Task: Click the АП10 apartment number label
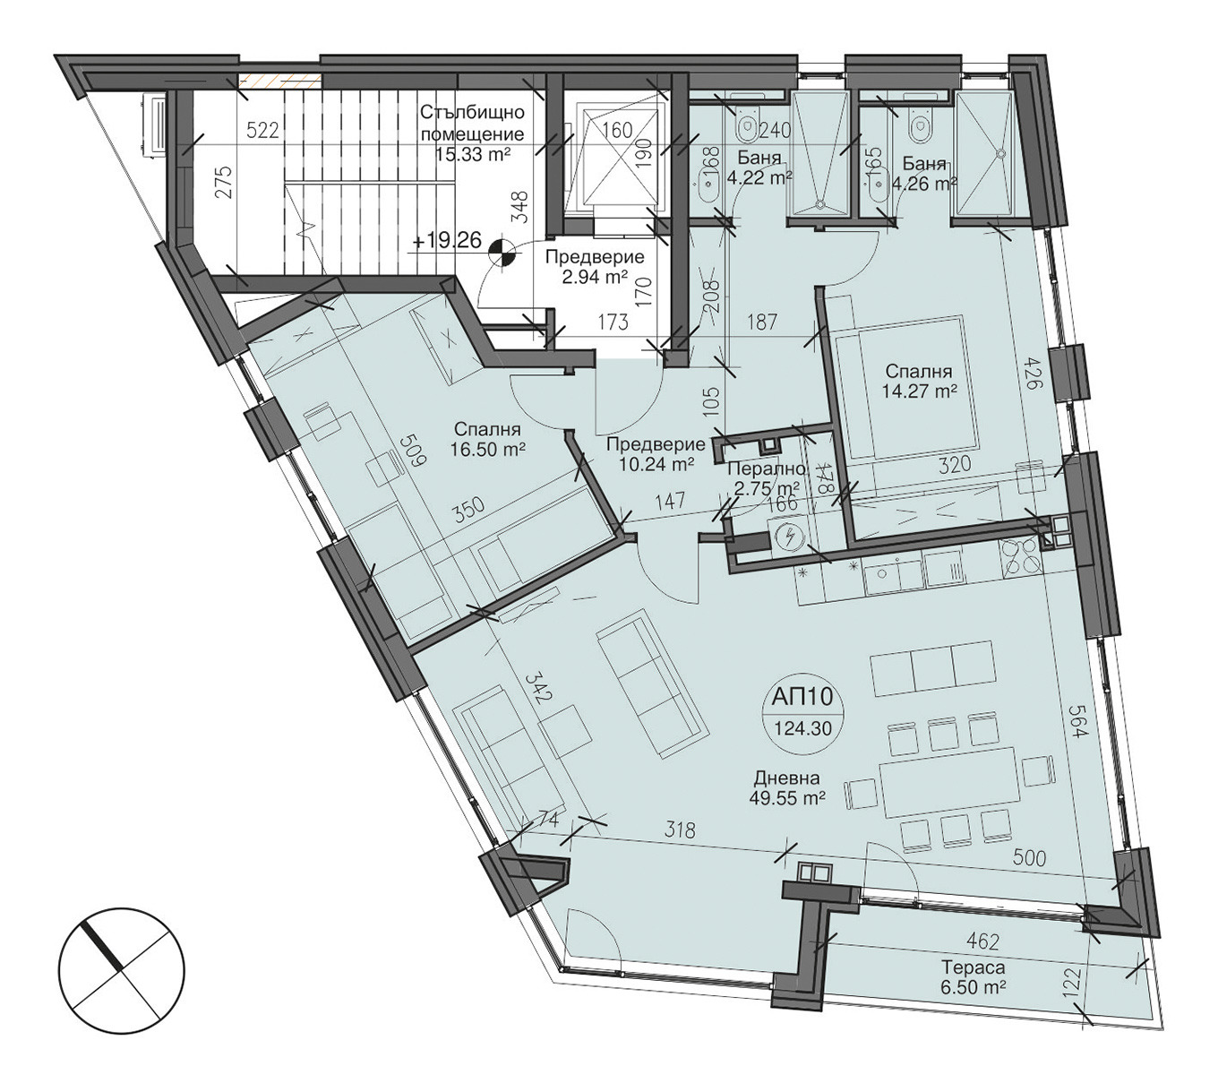pos(802,697)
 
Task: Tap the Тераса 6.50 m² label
pos(974,977)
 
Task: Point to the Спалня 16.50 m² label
pos(487,440)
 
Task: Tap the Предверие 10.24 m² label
pos(656,454)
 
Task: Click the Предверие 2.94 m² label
pos(595,267)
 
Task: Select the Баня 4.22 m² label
pos(759,168)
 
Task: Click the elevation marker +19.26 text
pos(448,241)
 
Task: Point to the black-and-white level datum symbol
pos(500,252)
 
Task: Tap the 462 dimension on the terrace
pos(983,941)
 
